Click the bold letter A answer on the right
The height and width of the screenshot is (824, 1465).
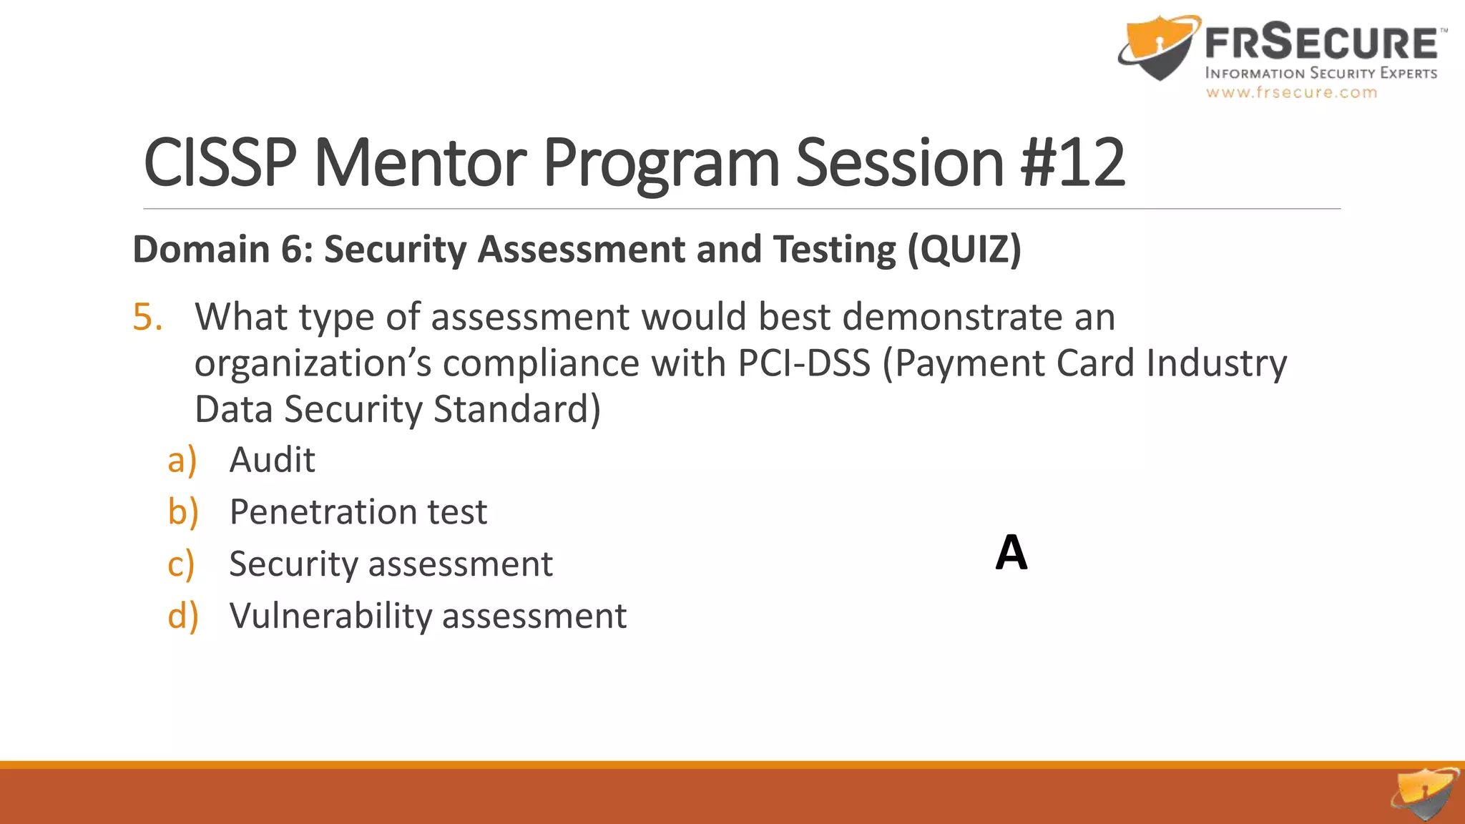coord(1011,553)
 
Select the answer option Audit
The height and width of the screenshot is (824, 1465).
coord(272,460)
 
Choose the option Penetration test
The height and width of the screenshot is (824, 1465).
coord(358,512)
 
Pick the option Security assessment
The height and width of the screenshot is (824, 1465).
coord(391,564)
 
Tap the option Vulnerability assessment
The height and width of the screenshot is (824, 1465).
coord(428,616)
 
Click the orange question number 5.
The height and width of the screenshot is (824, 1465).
coord(147,317)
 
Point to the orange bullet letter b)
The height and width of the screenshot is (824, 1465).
coord(182,512)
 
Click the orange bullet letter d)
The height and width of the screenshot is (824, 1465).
coord(182,616)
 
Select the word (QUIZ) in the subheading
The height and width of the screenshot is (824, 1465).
coord(964,250)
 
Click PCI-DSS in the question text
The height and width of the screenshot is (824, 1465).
coord(804,363)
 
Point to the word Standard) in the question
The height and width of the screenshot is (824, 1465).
coord(516,410)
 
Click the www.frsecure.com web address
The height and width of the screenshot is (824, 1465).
coord(1291,92)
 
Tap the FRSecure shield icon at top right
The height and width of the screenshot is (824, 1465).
coord(1157,47)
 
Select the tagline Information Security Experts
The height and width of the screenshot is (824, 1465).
coord(1321,73)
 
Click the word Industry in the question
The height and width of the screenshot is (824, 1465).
coord(1216,363)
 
